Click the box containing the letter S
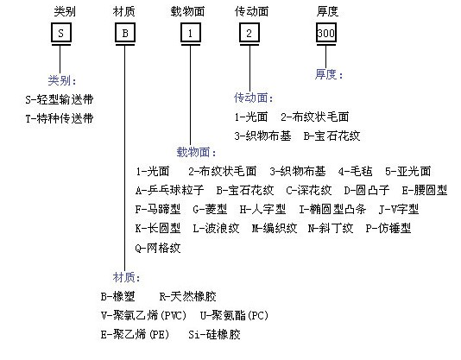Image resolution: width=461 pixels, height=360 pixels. (x=61, y=33)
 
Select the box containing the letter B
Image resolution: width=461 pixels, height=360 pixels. (x=125, y=33)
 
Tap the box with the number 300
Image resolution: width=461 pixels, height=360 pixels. (x=326, y=33)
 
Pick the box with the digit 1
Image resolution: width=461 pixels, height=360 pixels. (x=191, y=33)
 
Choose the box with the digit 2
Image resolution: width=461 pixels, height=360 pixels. (x=249, y=33)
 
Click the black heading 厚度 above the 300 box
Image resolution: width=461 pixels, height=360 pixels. (x=327, y=11)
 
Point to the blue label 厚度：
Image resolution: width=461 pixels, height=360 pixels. (x=329, y=74)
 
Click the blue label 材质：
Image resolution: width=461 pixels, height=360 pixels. (x=127, y=277)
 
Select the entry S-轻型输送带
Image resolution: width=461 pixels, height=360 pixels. (x=60, y=99)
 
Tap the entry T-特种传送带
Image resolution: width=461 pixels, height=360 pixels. (x=60, y=118)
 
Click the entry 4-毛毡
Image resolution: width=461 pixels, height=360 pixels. (x=355, y=171)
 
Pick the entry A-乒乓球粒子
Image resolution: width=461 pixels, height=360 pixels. (x=170, y=190)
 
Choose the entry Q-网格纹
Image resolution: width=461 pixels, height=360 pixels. (x=158, y=248)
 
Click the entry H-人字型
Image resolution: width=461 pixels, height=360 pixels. (x=262, y=210)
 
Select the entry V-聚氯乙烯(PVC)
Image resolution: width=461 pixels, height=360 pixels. (x=144, y=316)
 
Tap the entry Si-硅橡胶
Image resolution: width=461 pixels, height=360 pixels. (x=214, y=334)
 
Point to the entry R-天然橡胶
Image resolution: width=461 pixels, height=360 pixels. (x=188, y=296)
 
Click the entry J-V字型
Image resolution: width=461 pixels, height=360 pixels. (x=399, y=210)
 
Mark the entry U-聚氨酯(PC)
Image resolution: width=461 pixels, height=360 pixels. (x=234, y=316)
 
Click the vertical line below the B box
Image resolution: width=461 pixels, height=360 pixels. (x=124, y=158)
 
